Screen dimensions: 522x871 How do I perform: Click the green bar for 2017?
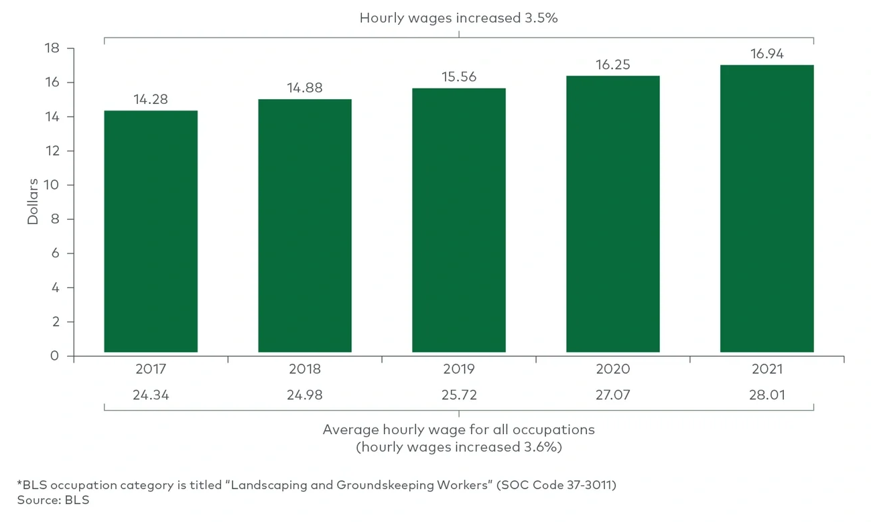[151, 231]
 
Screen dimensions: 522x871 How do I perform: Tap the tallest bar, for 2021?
[767, 208]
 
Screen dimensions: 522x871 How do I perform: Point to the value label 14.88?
[305, 88]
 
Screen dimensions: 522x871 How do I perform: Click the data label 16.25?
[613, 65]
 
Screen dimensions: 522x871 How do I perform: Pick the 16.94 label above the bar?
[767, 54]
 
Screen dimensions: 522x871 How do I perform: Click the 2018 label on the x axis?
[305, 369]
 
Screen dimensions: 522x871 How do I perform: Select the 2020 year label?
[613, 369]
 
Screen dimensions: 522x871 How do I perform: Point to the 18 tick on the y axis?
[52, 48]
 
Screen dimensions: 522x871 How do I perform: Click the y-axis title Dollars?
[33, 201]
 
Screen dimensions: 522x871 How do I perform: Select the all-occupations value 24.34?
[151, 395]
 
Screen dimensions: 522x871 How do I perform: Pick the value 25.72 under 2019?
[459, 395]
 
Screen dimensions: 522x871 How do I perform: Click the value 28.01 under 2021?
[767, 395]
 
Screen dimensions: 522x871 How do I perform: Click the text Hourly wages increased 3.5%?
[459, 18]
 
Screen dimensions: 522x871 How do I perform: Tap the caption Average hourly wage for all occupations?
[459, 430]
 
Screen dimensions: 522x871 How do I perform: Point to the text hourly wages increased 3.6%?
[459, 447]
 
